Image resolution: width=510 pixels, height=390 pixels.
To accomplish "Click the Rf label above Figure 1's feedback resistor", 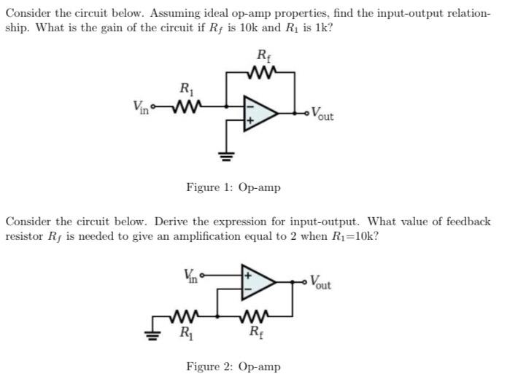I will point(262,55).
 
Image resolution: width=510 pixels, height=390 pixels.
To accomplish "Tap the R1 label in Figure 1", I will point(185,90).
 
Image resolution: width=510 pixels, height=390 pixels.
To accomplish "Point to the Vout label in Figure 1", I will point(322,114).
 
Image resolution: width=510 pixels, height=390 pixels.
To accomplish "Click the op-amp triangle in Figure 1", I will point(258,113).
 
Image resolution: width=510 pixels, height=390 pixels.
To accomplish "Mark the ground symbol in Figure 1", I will point(227,155).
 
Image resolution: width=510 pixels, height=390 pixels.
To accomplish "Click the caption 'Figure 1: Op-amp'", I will point(233,188).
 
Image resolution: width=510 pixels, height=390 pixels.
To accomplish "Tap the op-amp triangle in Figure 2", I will point(259,284).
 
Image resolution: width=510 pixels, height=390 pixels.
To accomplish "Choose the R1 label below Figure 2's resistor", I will point(187,335).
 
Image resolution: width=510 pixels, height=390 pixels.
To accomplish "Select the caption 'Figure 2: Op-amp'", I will point(233,367).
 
